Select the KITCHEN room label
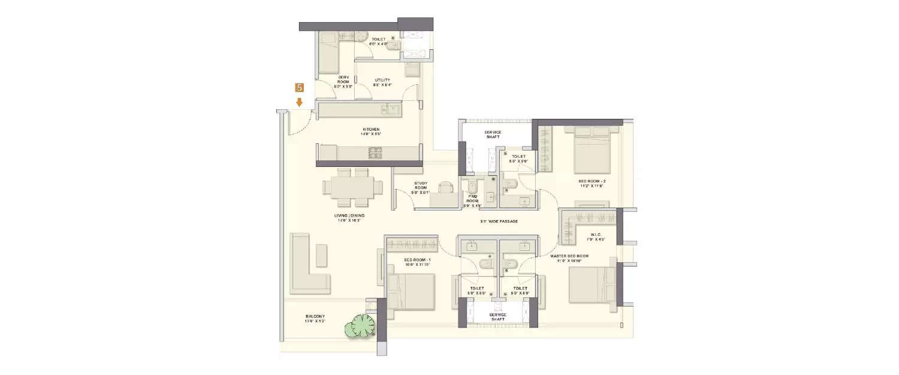pos(371,132)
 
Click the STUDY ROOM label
pos(420,187)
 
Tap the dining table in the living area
pos(353,187)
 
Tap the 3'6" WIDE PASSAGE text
pos(499,221)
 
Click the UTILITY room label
pos(382,82)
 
